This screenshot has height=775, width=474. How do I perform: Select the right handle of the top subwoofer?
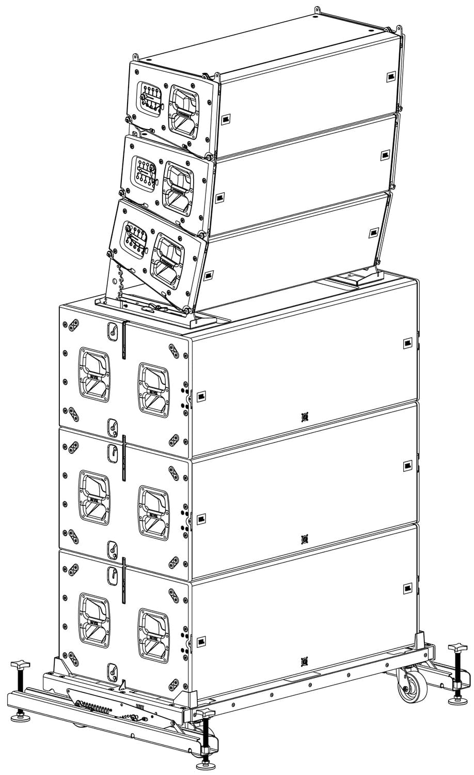[x=153, y=390]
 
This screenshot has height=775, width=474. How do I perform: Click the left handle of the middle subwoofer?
[x=94, y=498]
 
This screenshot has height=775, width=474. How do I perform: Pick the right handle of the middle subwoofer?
[x=153, y=513]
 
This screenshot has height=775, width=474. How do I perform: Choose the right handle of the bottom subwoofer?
[x=153, y=634]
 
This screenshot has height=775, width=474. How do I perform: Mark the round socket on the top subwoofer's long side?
[x=305, y=416]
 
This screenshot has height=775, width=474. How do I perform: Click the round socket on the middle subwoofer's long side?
[x=305, y=539]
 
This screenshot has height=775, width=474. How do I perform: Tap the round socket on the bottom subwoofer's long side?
[x=305, y=661]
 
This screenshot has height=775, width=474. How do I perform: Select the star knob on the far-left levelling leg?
[x=19, y=662]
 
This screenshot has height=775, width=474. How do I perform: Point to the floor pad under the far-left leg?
[x=20, y=718]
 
